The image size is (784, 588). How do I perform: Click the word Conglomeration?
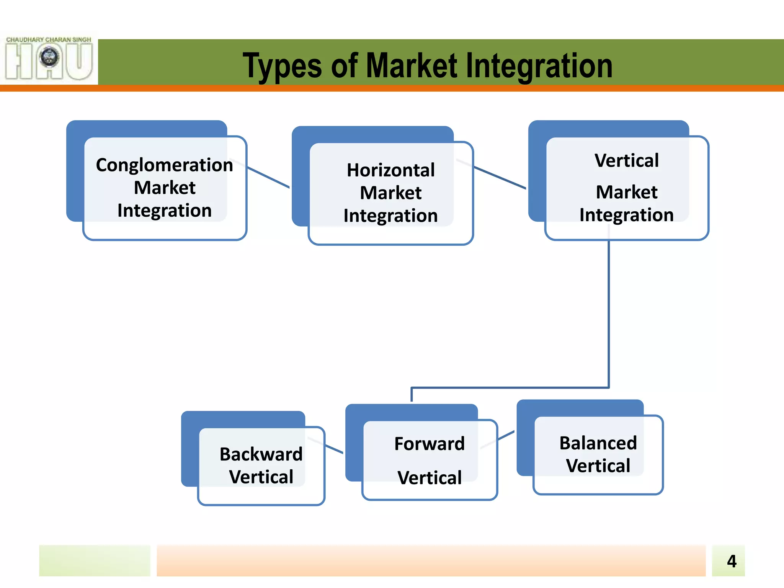164,165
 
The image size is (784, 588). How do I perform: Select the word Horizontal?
390,170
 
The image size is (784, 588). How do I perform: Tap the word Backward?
261,454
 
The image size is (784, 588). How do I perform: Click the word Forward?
429,444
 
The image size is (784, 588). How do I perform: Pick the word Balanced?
598,443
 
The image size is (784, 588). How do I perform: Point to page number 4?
731,562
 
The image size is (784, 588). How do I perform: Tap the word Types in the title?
282,66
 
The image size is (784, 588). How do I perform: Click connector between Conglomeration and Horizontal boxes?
268,177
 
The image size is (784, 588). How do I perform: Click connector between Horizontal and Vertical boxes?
500,178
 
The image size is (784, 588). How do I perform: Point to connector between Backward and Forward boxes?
334,449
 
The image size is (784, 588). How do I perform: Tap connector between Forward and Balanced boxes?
506,436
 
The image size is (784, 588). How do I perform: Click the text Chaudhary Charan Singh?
49,40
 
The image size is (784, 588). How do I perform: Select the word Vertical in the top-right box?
626,160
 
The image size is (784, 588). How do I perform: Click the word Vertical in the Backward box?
261,477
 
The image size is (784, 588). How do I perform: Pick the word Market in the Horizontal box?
390,193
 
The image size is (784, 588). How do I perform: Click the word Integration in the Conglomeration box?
164,211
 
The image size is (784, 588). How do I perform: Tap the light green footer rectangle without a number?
95,561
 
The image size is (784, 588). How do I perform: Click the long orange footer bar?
431,561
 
